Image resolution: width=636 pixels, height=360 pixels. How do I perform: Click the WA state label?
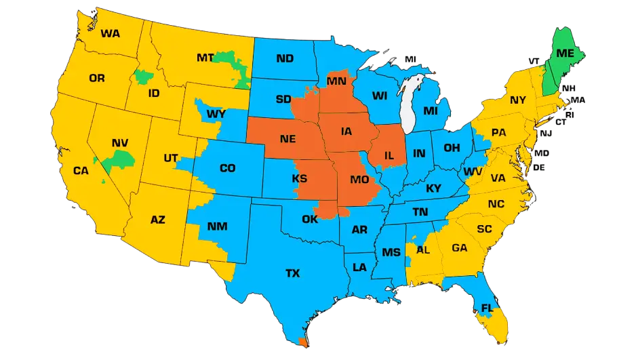(x=110, y=33)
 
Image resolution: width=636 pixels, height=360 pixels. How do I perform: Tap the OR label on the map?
(x=97, y=79)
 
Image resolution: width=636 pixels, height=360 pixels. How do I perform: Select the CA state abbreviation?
(x=81, y=171)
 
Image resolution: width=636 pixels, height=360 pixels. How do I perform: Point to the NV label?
(x=120, y=144)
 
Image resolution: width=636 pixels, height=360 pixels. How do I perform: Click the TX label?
(x=292, y=273)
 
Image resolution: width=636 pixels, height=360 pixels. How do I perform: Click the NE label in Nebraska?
(x=287, y=140)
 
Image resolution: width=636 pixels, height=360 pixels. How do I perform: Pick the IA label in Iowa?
(x=346, y=132)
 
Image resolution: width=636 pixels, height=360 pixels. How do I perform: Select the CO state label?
(x=227, y=168)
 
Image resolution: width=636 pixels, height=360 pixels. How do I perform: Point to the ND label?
(x=285, y=59)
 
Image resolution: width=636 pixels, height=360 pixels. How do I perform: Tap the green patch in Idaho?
(x=142, y=76)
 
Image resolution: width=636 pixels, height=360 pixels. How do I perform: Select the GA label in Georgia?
(x=460, y=248)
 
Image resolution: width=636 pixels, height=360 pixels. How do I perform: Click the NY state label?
(x=518, y=100)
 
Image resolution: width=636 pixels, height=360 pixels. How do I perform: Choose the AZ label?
(x=157, y=219)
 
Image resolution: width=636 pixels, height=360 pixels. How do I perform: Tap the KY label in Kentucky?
(x=433, y=188)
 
